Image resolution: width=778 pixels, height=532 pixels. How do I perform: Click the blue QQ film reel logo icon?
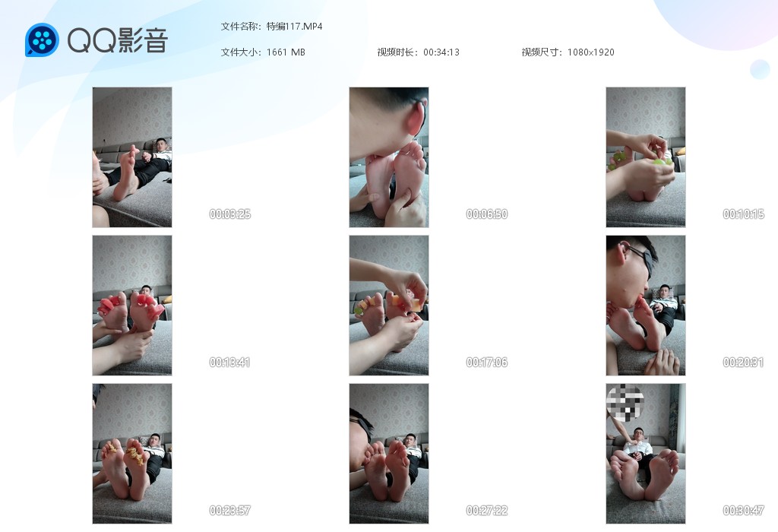43,40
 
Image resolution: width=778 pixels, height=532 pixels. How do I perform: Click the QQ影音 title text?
118,40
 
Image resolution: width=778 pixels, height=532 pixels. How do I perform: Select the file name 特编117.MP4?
294,27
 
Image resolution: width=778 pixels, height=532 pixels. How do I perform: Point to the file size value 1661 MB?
286,52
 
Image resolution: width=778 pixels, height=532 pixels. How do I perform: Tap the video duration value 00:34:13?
441,52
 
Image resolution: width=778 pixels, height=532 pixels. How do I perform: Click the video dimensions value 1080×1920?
590,52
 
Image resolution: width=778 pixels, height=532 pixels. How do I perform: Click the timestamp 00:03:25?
229,214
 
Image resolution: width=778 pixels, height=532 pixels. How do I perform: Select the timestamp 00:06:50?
487,214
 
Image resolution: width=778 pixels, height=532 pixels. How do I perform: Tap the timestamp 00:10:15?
743,214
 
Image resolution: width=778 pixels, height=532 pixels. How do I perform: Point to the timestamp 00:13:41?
229,363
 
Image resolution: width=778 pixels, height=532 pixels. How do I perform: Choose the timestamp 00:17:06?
487,363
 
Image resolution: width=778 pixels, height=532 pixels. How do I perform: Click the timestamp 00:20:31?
743,363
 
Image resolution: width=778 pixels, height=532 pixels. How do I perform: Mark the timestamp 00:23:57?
229,510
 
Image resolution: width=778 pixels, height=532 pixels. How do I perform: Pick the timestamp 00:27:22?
487,510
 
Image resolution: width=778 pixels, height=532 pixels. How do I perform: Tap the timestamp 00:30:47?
743,510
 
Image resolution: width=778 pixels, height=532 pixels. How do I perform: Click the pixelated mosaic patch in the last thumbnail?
625,403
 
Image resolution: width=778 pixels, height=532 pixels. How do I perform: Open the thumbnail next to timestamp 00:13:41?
132,306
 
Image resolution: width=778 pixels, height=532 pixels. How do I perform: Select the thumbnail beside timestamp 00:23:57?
132,454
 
